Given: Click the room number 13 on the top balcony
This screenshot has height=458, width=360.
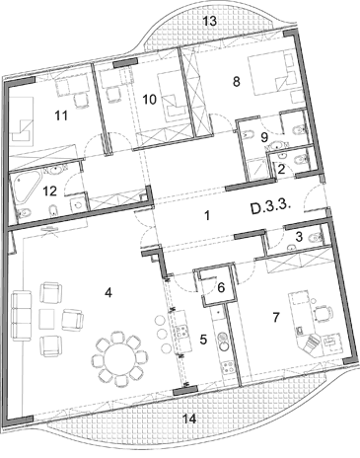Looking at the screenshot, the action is (210, 21).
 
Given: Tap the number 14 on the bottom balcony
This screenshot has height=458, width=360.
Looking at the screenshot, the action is (189, 419).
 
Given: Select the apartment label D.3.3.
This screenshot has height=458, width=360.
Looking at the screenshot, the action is (271, 209).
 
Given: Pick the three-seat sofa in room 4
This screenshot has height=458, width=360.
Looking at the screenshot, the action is (22, 315).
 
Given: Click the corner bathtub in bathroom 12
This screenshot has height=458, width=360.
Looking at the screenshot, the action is (26, 189).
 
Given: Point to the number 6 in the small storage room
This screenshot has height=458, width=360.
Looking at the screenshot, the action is (221, 288).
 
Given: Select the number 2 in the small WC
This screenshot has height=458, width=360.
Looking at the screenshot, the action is (281, 170).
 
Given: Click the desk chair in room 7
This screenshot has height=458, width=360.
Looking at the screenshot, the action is (323, 314).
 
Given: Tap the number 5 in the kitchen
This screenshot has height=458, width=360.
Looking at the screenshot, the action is (203, 340).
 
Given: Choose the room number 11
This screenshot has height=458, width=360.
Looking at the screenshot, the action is (61, 115).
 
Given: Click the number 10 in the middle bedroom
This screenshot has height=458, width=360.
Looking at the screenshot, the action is (150, 99).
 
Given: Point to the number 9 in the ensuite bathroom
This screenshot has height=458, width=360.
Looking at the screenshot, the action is (264, 137).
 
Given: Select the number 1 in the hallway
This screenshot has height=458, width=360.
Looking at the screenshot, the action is (206, 216).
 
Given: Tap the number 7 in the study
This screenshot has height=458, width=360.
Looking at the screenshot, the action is (276, 318).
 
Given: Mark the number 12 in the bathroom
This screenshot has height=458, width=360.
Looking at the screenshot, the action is (49, 191).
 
